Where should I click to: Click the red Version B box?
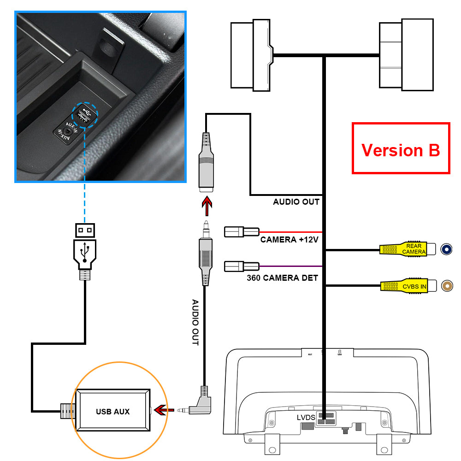(401, 148)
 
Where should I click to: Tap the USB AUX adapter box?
(112, 411)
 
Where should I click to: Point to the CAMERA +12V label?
(289, 240)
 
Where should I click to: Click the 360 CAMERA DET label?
(282, 278)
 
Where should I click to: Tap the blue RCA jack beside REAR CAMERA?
(446, 249)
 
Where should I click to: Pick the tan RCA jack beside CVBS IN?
(447, 286)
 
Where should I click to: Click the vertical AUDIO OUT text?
(195, 323)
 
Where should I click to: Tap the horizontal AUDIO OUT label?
(296, 202)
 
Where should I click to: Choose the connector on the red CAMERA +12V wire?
(242, 231)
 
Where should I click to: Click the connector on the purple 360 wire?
(242, 266)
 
